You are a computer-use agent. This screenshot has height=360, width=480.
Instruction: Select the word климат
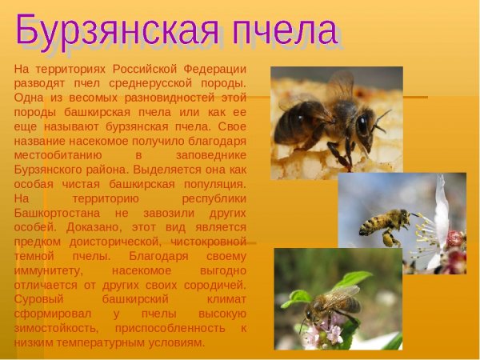[224, 299]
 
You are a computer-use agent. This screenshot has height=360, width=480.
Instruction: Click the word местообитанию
[56, 155]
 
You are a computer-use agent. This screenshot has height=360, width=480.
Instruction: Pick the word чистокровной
[206, 242]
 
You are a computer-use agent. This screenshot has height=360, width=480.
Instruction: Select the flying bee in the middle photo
[384, 224]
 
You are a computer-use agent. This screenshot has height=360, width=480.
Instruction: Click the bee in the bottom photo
[332, 303]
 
